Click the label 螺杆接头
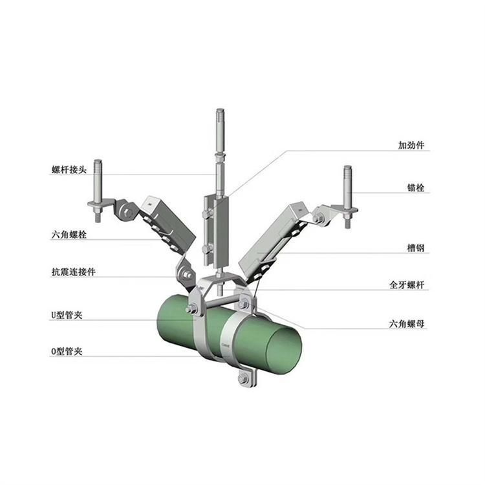pos(69,169)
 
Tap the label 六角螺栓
pos(69,235)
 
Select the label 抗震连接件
pos(73,272)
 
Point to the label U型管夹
pos(67,315)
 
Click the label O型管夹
pos(67,351)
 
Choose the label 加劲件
pos(411,145)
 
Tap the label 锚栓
pos(415,188)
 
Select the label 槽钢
pos(415,248)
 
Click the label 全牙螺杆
pos(407,285)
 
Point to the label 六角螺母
pos(407,324)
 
